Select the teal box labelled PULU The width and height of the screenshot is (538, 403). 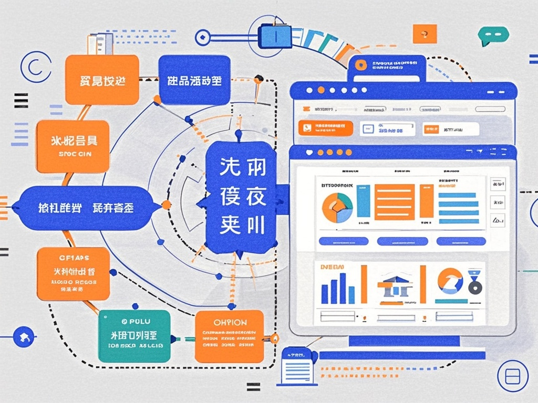tap(134, 336)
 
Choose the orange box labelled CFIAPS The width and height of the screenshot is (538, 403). tap(74, 274)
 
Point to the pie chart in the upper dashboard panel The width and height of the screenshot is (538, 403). tap(337, 208)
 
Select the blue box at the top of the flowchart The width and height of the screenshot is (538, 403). tap(194, 80)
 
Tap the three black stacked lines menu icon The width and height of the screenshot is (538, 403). tap(21, 100)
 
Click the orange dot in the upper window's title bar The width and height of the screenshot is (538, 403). tap(320, 90)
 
